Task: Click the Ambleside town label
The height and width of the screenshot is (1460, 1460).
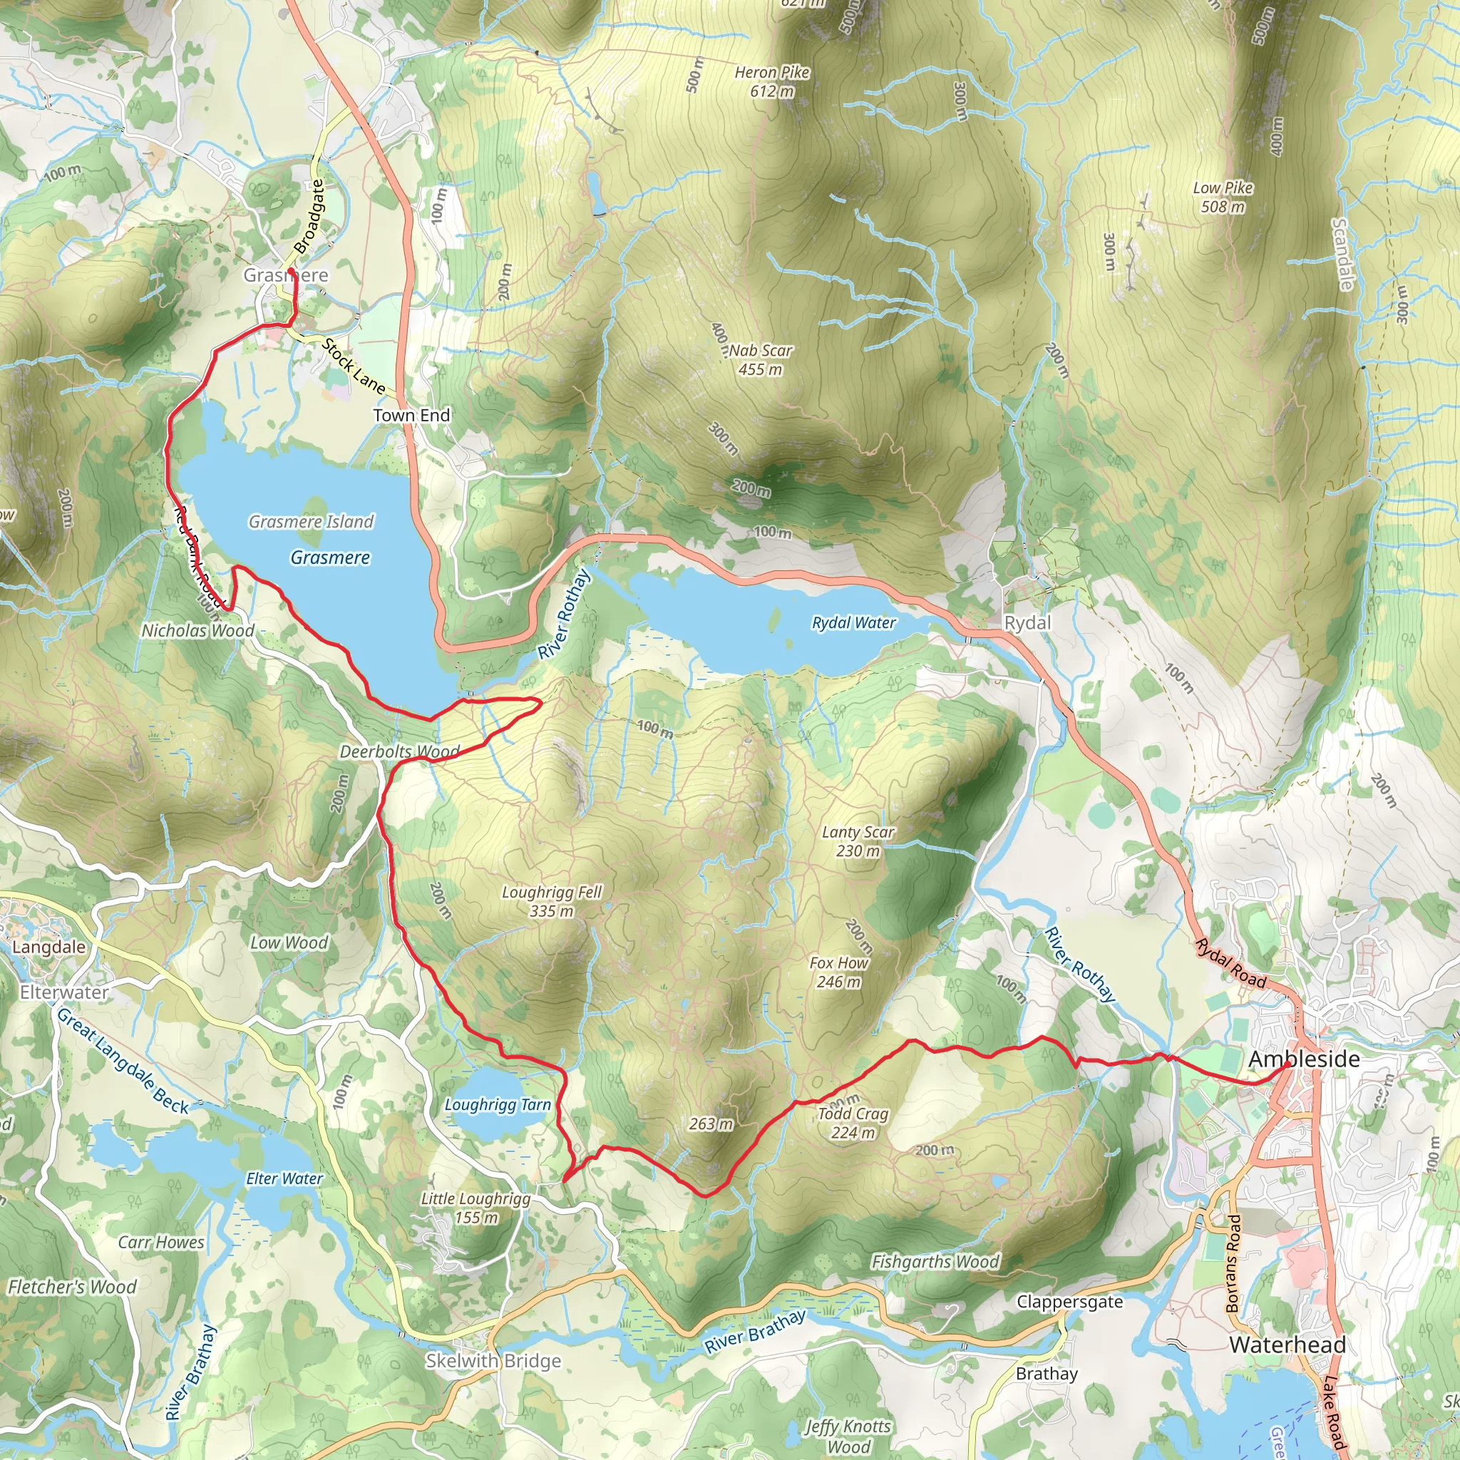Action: coord(1304,1059)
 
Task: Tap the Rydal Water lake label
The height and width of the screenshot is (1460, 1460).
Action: coord(853,622)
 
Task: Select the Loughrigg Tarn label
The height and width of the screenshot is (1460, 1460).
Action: coord(498,1104)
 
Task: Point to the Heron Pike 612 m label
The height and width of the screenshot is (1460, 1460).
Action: coord(771,81)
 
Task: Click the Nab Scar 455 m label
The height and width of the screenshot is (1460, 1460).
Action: coord(760,360)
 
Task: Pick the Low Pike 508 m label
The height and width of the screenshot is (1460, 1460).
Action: coord(1223,197)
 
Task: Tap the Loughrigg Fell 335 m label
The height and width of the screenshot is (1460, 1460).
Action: coord(552,902)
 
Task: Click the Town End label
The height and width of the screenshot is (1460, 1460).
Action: coord(411,415)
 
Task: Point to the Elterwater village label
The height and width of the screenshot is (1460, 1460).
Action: coord(64,992)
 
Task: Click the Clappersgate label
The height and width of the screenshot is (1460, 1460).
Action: coord(1069,1301)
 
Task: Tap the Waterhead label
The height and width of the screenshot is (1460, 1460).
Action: coord(1287,1345)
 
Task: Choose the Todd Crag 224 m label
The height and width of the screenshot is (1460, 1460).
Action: coord(853,1122)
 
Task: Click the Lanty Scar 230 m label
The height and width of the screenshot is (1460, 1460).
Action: coord(858,841)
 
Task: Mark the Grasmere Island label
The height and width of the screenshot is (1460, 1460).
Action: coord(312,521)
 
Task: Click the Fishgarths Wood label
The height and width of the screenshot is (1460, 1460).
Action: coord(935,1261)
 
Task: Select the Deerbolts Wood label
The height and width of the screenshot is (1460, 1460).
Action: coord(399,751)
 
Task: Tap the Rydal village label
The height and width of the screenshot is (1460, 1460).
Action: coord(1027,622)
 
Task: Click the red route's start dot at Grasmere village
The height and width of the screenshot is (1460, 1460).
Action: coord(291,269)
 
